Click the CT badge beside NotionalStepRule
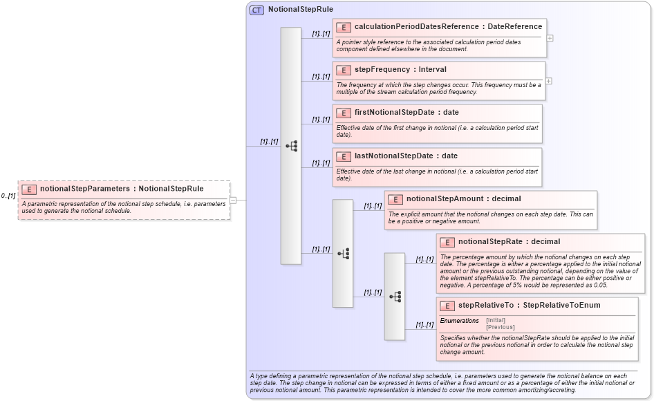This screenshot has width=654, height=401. point(256,10)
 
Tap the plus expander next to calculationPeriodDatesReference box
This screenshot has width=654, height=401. point(550,38)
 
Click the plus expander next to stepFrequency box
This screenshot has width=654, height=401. point(548,81)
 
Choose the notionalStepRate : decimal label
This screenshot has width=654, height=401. point(509,242)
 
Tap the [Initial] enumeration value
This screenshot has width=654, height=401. point(496,321)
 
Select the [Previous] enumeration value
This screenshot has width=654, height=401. point(500,327)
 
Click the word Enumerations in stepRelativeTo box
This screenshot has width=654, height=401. point(459,321)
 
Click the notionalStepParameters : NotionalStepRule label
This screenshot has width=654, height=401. point(122,189)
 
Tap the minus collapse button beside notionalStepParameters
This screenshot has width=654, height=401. point(233,200)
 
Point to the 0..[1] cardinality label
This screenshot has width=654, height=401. point(8,196)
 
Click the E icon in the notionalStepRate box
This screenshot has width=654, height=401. point(447,242)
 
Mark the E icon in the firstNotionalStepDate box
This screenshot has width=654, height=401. point(343,113)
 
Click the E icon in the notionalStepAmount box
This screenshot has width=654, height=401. point(395,199)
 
